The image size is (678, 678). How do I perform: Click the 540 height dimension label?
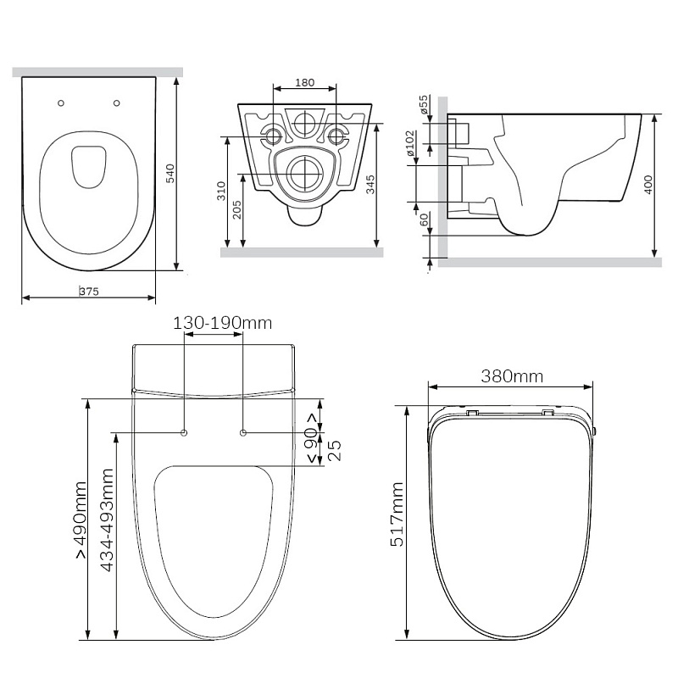coord(171,174)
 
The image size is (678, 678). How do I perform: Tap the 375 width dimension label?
coord(89,292)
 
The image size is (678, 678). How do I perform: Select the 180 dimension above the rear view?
coord(305,82)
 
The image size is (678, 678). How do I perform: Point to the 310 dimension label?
coord(221,192)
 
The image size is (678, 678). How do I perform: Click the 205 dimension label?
coord(237,210)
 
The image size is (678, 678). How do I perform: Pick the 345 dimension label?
coord(370,185)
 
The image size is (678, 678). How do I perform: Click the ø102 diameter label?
coord(410,143)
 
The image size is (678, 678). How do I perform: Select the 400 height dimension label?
coord(648,185)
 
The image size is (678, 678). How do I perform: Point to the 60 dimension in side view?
coord(425,220)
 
